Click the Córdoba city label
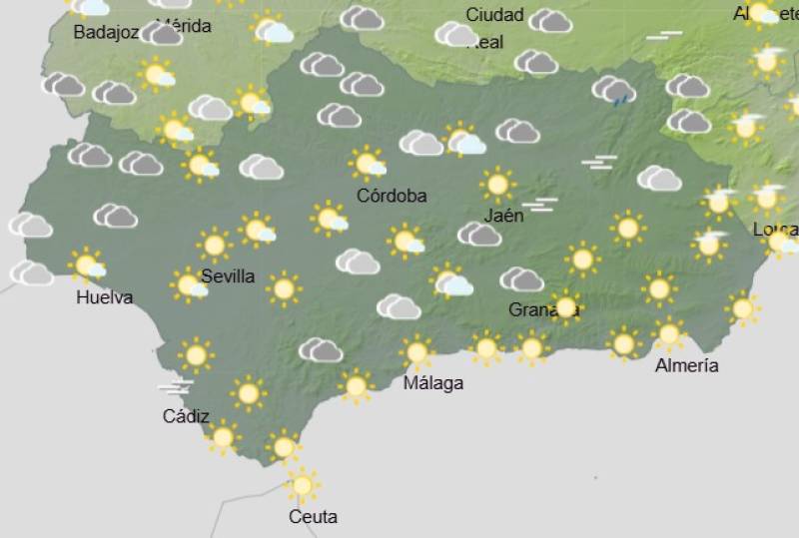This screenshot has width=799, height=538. [x=392, y=196]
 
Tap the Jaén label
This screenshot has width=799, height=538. [x=502, y=216]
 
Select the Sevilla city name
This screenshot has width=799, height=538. [x=228, y=276]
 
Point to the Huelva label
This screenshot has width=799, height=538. [x=104, y=297]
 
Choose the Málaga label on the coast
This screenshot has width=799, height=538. [x=433, y=383]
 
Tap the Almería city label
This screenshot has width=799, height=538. [x=686, y=365]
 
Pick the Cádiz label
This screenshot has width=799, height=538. [x=186, y=416]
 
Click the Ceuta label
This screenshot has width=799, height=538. [x=313, y=517]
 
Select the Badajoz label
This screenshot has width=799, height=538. [x=106, y=32]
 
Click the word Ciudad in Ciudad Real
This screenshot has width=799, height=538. [x=494, y=15]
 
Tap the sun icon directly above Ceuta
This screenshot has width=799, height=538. [x=302, y=485]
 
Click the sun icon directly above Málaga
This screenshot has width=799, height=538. [x=416, y=352]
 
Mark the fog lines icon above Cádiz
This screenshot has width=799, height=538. [x=175, y=386]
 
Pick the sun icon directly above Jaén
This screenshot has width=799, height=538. [x=496, y=185]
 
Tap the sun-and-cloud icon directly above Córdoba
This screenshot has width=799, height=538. [x=369, y=162]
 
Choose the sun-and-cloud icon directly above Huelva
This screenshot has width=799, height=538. [x=88, y=266]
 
